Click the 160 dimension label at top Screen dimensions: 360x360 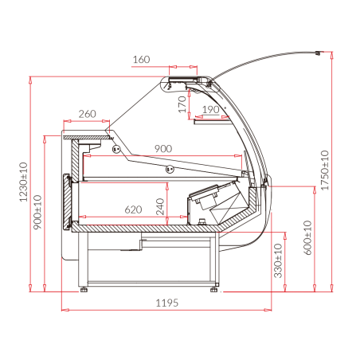tap(141, 60)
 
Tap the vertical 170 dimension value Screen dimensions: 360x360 tap(182, 103)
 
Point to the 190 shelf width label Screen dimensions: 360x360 tap(210, 109)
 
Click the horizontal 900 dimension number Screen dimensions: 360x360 tap(163, 149)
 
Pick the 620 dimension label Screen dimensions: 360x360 tap(134, 209)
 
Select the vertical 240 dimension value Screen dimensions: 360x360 tap(162, 206)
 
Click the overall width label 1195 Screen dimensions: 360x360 tap(166, 303)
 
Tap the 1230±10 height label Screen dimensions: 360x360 tap(25, 182)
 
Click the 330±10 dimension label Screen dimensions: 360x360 tap(278, 260)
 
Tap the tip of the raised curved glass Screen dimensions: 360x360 tap(321, 54)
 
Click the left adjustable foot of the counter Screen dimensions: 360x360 tap(84, 290)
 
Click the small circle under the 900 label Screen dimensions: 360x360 tap(169, 168)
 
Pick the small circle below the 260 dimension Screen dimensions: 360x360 tap(116, 148)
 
